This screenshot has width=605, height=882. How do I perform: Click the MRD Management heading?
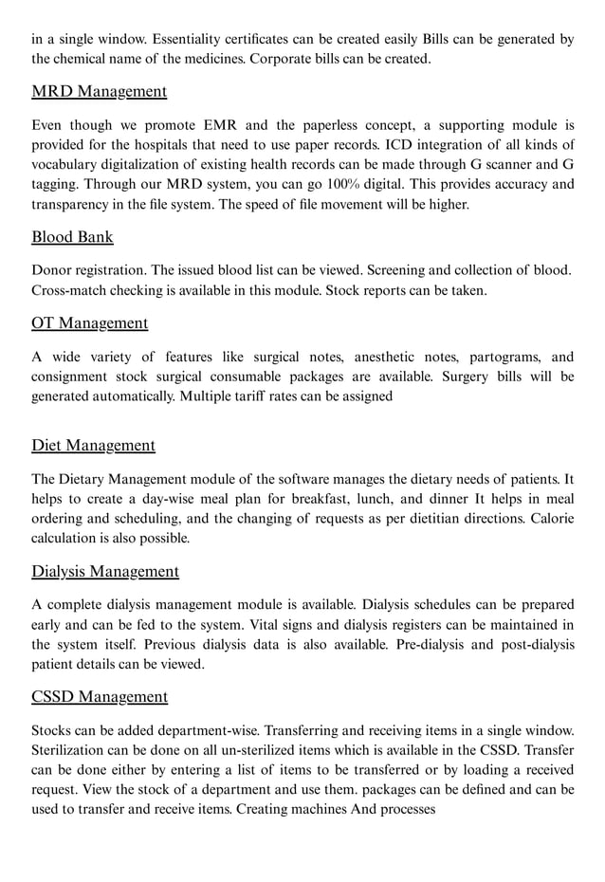99,92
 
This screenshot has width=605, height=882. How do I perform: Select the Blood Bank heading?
72,237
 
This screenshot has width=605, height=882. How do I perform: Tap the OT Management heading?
89,323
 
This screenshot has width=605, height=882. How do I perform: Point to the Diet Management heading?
93,446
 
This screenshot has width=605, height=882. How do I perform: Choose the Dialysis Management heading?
104,572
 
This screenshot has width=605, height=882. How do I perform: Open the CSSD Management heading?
100,697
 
